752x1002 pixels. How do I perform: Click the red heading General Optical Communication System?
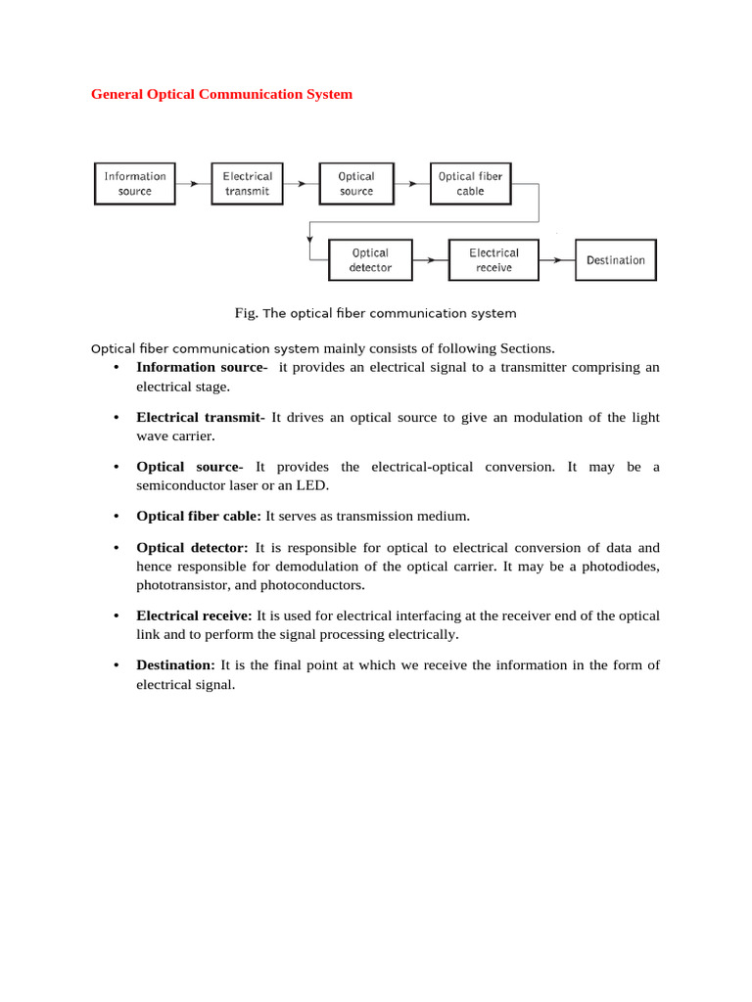pyautogui.click(x=221, y=95)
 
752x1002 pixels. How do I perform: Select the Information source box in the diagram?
pyautogui.click(x=135, y=184)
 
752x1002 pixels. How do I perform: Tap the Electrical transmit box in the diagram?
pyautogui.click(x=247, y=184)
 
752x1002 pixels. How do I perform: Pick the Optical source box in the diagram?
pyautogui.click(x=356, y=184)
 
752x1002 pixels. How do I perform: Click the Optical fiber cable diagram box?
pyautogui.click(x=470, y=184)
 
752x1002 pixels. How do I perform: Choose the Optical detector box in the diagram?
pyautogui.click(x=370, y=260)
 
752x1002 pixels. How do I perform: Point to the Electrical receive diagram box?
pyautogui.click(x=493, y=260)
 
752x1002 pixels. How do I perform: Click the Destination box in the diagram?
pyautogui.click(x=615, y=260)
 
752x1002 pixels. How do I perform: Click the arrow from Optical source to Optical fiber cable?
pyautogui.click(x=412, y=184)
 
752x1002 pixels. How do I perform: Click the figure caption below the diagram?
pyautogui.click(x=375, y=313)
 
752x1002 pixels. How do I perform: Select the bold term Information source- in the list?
pyautogui.click(x=202, y=367)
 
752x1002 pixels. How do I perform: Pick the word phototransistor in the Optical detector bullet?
pyautogui.click(x=182, y=585)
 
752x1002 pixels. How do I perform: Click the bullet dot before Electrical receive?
pyautogui.click(x=116, y=616)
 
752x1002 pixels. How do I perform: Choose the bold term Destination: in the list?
pyautogui.click(x=175, y=665)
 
